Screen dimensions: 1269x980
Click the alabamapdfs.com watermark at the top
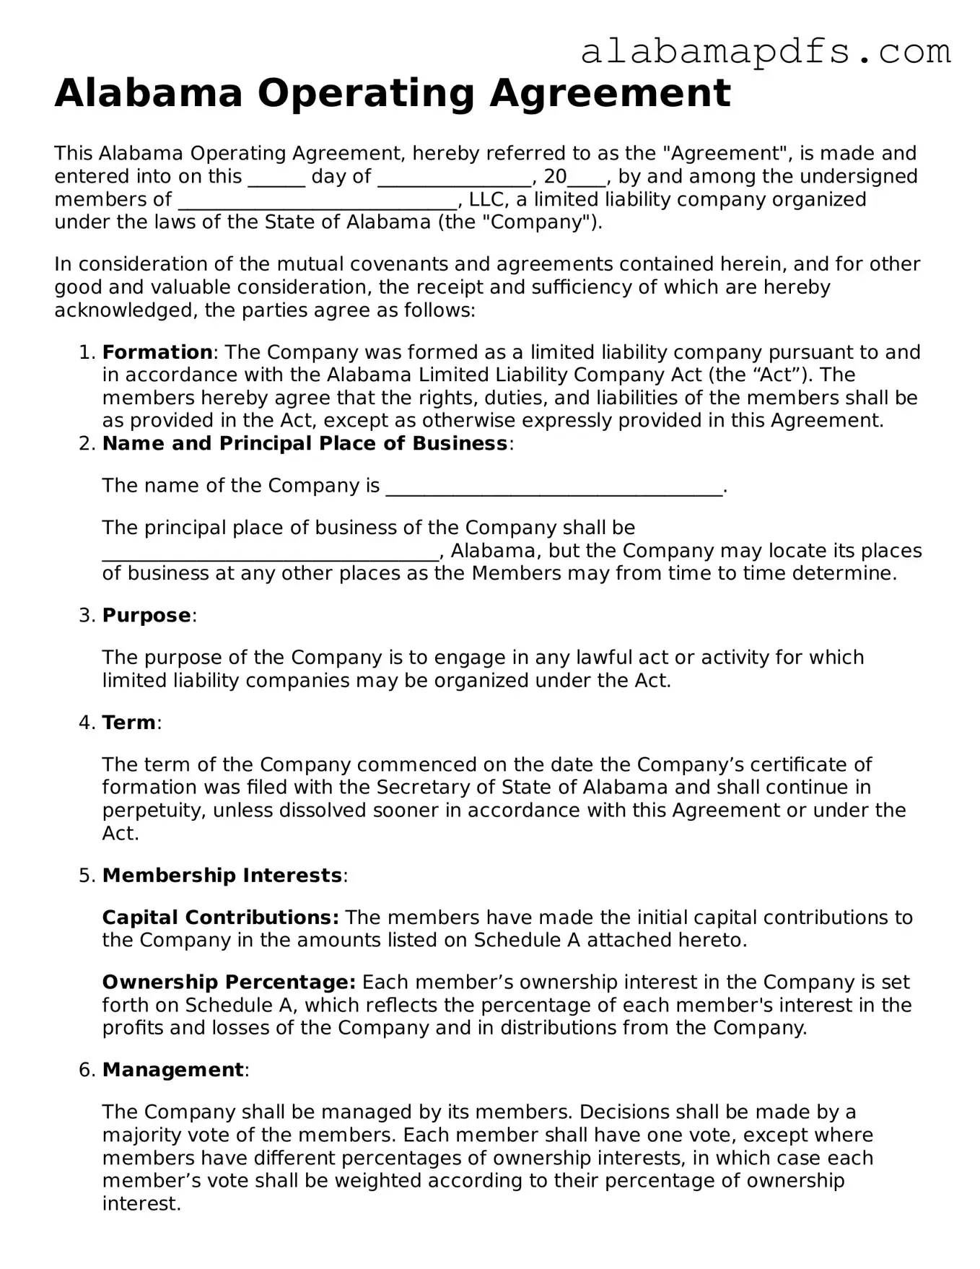coord(765,53)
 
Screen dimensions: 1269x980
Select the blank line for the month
coord(454,178)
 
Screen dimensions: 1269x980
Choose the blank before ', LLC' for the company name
coord(318,201)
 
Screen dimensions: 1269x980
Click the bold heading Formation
coord(157,352)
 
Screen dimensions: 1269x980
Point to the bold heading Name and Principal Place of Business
coord(305,443)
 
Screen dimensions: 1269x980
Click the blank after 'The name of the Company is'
coord(554,487)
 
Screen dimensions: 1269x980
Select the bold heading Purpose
coord(146,616)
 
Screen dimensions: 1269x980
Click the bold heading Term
coord(128,723)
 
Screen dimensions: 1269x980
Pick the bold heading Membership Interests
coord(222,876)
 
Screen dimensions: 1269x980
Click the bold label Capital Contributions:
coord(220,917)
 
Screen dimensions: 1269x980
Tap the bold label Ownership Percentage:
coord(229,982)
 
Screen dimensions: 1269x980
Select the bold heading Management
coord(172,1070)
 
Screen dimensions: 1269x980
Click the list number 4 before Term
coord(85,723)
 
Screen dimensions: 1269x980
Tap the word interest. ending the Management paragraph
coord(141,1204)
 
